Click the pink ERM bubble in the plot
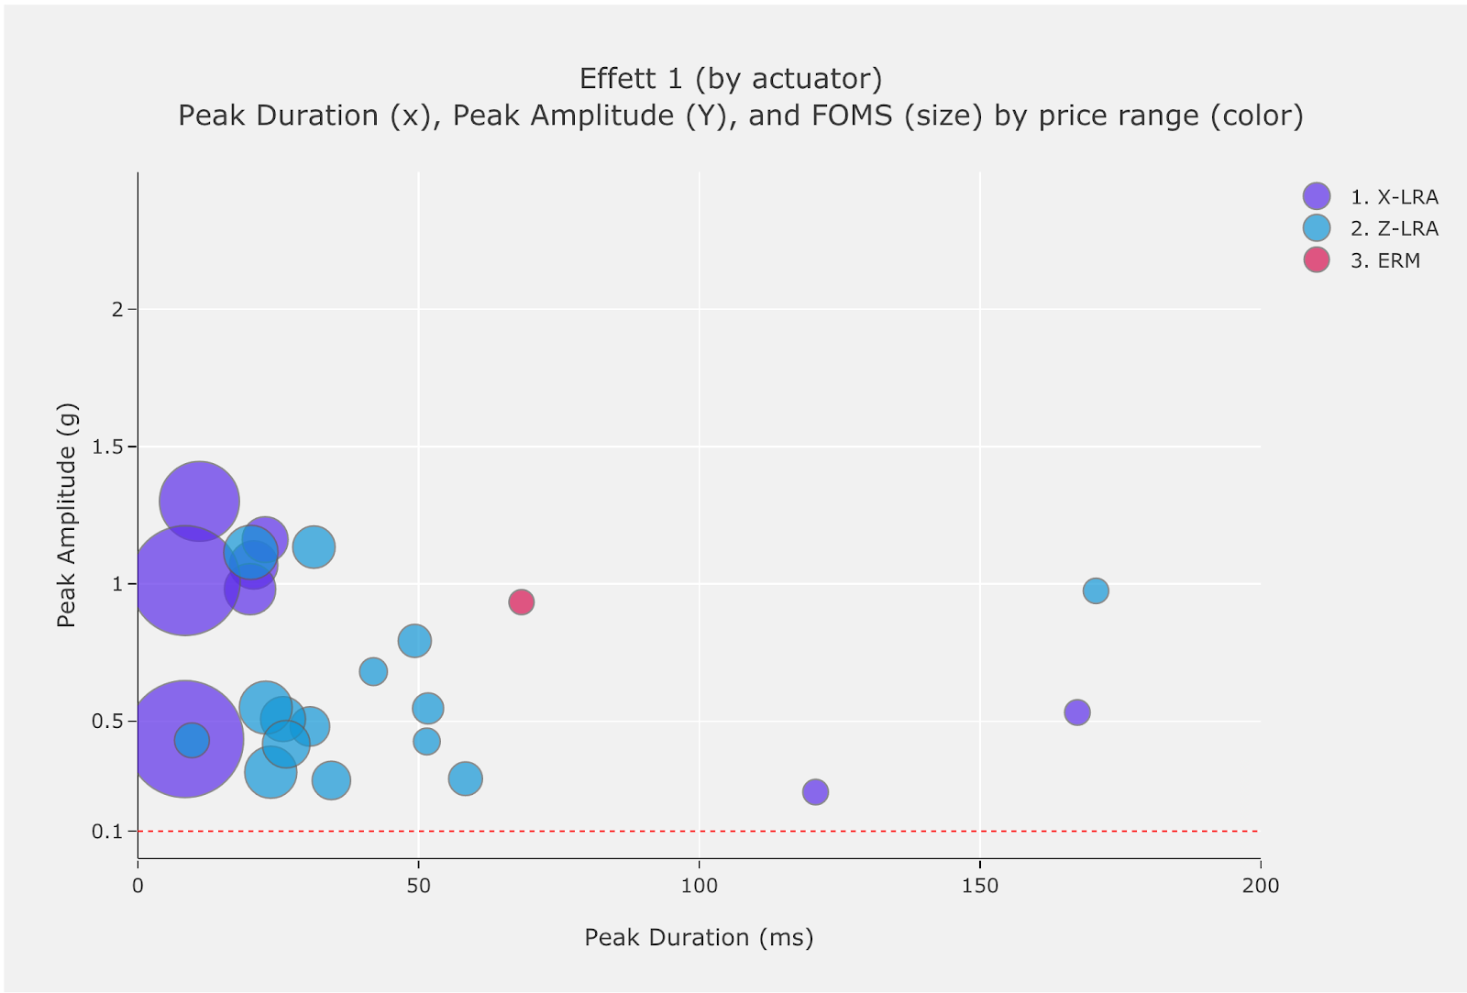(521, 602)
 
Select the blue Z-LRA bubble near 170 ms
(1096, 590)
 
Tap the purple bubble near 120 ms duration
(815, 791)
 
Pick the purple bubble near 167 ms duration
(1077, 712)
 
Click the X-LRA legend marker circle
(1317, 196)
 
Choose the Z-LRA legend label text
(1394, 228)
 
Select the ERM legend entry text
(1384, 260)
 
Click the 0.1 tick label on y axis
(106, 832)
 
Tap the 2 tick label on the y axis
(117, 310)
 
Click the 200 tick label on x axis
(1261, 885)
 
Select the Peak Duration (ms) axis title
(699, 937)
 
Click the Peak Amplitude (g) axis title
(66, 514)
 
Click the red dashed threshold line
(642, 832)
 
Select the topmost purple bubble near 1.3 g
(199, 501)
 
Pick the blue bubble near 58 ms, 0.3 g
(466, 778)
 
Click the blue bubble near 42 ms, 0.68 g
(373, 671)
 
